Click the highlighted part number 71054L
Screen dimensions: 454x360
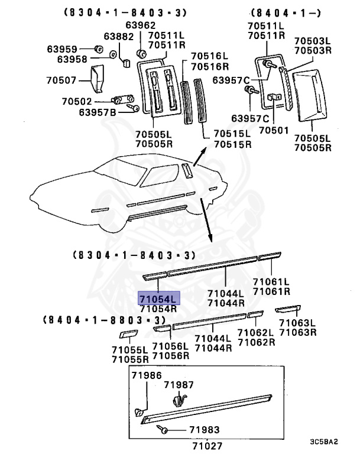158,297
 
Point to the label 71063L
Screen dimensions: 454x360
298,323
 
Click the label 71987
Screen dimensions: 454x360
179,385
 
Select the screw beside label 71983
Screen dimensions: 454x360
163,430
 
